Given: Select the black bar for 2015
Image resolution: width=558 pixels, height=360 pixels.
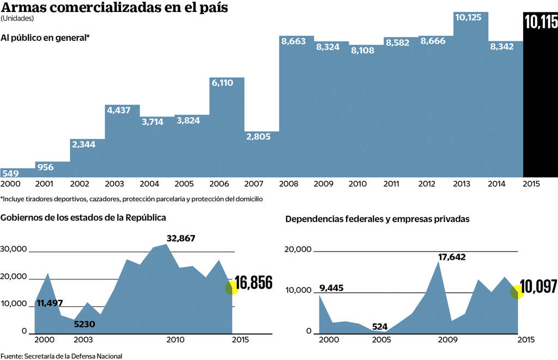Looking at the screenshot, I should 540,103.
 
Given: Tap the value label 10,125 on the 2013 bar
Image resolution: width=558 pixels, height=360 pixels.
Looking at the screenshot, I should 468,17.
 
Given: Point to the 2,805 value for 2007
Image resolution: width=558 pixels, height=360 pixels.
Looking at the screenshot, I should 258,137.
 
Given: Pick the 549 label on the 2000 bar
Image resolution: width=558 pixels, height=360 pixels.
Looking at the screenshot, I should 10,174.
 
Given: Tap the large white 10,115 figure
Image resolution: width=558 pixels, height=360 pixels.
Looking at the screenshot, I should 541,22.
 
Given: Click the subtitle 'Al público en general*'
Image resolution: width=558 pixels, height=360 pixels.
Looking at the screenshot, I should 45,38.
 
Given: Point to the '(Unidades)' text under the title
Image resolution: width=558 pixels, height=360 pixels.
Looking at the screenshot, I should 17,19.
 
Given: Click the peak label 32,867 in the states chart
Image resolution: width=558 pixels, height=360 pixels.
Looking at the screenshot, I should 180,238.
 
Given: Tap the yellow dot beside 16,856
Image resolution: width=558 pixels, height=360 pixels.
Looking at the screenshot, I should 232,288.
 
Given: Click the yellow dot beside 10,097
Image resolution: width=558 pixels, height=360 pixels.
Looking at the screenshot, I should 517,292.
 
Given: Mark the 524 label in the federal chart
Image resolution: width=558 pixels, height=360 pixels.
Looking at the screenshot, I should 380,327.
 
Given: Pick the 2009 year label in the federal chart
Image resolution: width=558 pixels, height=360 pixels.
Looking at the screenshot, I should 447,340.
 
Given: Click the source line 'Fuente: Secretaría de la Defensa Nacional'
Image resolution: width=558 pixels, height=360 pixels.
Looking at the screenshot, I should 61,356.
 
